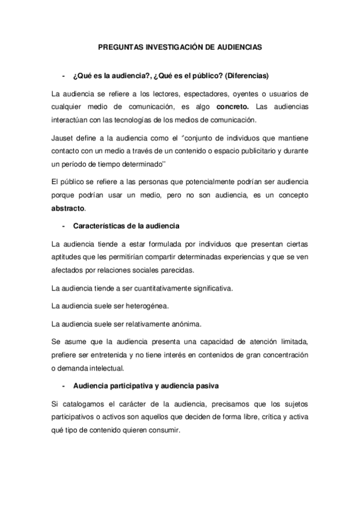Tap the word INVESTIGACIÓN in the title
click(x=170, y=45)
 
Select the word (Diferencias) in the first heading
click(x=247, y=76)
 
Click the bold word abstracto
click(x=69, y=208)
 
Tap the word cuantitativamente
click(x=158, y=288)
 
